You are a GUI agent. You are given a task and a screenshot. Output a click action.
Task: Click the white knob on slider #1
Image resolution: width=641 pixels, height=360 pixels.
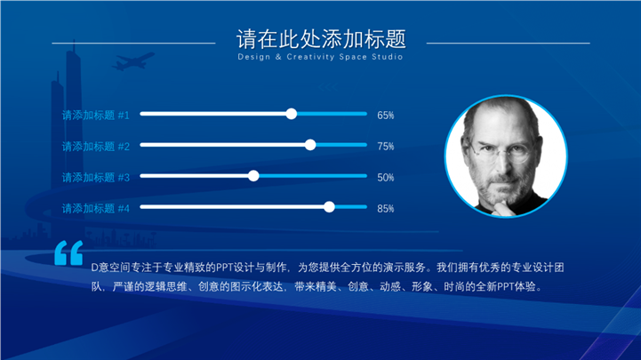(x=292, y=114)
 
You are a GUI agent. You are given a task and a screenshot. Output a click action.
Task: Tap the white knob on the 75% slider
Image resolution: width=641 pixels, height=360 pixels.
(x=310, y=145)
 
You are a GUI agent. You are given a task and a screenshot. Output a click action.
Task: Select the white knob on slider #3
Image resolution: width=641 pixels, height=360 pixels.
(x=253, y=176)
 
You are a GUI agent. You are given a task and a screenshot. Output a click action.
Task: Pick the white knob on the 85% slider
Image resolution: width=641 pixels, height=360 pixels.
(x=329, y=207)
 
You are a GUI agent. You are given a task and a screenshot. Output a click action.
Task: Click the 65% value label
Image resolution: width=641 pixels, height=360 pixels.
(x=386, y=116)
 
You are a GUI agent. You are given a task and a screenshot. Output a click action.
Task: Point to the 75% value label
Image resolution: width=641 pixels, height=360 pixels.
(x=386, y=147)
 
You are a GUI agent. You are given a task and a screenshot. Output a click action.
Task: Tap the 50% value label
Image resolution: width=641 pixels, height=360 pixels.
(x=386, y=178)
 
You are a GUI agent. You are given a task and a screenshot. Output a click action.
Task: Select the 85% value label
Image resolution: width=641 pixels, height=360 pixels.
(x=386, y=208)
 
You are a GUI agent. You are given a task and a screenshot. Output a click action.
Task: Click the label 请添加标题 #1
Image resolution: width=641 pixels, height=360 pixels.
(x=96, y=116)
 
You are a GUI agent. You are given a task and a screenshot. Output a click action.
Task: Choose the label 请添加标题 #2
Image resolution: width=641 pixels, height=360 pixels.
(x=96, y=147)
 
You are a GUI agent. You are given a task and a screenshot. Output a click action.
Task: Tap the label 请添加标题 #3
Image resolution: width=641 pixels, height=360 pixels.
(x=96, y=178)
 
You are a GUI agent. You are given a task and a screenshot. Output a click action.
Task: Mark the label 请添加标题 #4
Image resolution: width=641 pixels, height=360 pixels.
(x=96, y=208)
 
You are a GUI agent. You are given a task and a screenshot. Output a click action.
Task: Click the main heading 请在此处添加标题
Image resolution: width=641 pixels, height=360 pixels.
(x=321, y=39)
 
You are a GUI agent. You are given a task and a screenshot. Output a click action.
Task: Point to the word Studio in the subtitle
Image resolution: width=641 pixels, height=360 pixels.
(x=388, y=57)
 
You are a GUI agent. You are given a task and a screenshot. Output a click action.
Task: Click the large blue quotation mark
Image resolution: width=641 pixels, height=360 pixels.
(x=68, y=253)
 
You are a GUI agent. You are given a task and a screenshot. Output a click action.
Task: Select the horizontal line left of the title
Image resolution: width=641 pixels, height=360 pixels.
(x=133, y=43)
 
